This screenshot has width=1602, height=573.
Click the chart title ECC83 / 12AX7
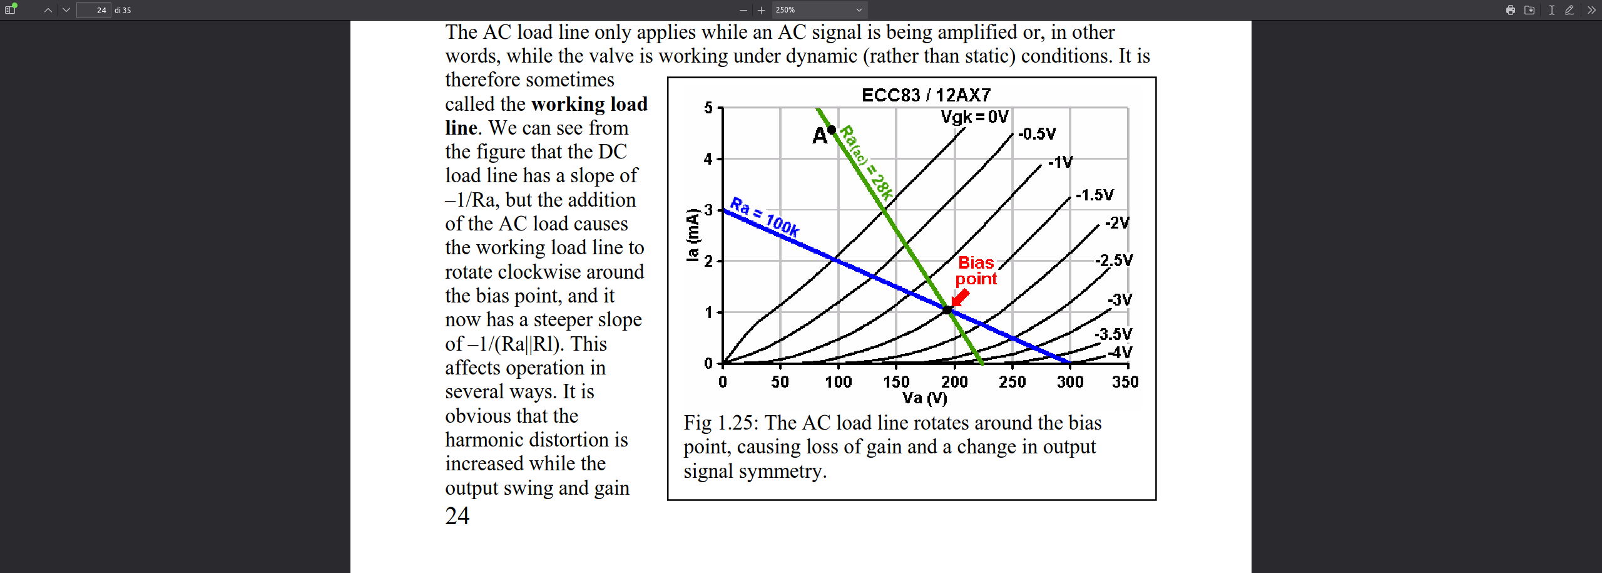coord(926,95)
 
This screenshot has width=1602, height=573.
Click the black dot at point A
coord(832,130)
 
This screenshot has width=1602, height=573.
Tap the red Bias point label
coord(976,271)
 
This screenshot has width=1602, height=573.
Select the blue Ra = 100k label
coord(765,217)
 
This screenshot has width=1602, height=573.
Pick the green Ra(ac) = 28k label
coord(866,162)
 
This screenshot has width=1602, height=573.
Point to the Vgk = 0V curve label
coord(974,117)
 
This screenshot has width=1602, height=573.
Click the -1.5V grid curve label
coord(1094,195)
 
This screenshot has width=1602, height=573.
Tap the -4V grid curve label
coord(1120,353)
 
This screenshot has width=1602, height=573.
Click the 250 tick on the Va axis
coord(1012,382)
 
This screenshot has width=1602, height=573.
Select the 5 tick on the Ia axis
coord(708,108)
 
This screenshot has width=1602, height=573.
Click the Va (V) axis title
coord(924,398)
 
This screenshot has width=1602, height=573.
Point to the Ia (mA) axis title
coord(692,235)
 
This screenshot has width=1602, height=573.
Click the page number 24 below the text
coord(457,516)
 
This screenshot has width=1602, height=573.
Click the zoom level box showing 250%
coord(819,10)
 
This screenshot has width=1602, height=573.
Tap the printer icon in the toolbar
coord(1510,10)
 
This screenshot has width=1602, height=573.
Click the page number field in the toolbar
coord(94,10)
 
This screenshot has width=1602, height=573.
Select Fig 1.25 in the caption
coord(718,423)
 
